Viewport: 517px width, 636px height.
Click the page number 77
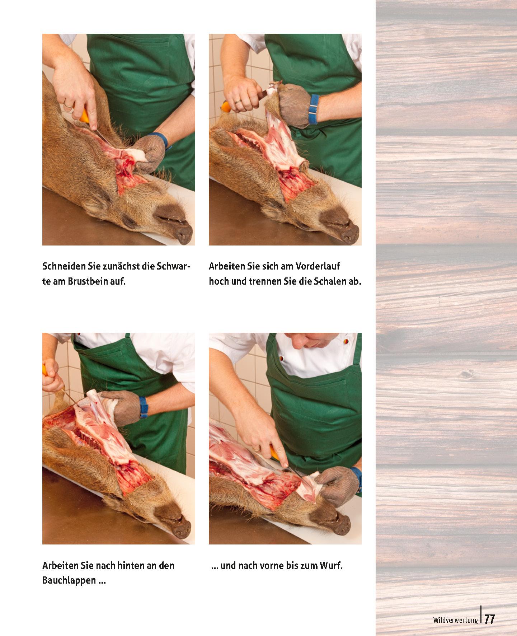click(490, 619)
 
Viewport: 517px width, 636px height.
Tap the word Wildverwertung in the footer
click(455, 620)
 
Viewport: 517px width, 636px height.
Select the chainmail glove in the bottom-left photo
click(120, 407)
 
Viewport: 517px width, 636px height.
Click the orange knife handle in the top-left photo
click(85, 117)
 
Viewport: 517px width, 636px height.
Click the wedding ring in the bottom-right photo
click(256, 449)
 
